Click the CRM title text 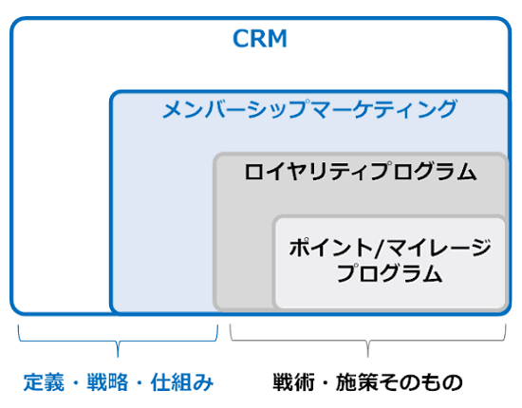[260, 40]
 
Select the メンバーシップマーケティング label [308, 109]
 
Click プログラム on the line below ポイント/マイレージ [389, 275]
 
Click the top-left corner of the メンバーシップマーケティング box [112, 93]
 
